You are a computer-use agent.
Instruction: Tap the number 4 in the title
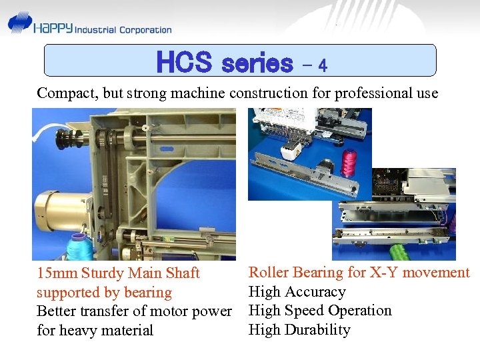point(322,65)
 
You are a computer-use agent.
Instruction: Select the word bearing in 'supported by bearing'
point(148,293)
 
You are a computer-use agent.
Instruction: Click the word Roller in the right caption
point(268,272)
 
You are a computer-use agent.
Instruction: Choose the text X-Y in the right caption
point(383,272)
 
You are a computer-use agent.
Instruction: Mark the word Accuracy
point(314,291)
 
